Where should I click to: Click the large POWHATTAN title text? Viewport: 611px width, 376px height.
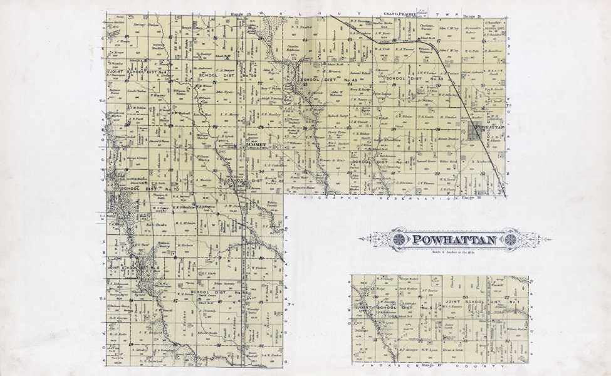pyautogui.click(x=454, y=239)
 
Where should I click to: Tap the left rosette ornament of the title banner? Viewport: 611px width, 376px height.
pyautogui.click(x=397, y=239)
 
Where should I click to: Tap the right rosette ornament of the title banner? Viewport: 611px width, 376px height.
pyautogui.click(x=511, y=239)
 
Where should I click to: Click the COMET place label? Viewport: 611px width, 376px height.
pyautogui.click(x=257, y=145)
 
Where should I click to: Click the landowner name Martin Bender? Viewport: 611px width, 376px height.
pyautogui.click(x=448, y=138)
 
